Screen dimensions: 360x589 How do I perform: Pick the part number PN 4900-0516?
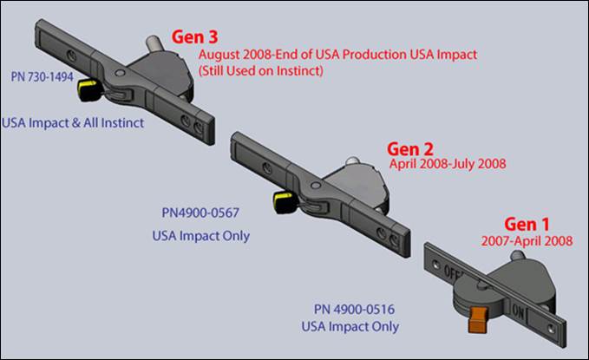tap(350, 309)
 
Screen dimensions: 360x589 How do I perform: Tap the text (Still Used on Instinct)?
tap(261, 70)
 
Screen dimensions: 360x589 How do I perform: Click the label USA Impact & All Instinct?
tap(73, 122)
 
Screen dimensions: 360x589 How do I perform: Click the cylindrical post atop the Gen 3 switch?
tap(151, 41)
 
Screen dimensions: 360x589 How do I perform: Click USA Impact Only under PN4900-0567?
tap(200, 235)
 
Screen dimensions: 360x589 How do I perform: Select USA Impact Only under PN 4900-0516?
tap(350, 327)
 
